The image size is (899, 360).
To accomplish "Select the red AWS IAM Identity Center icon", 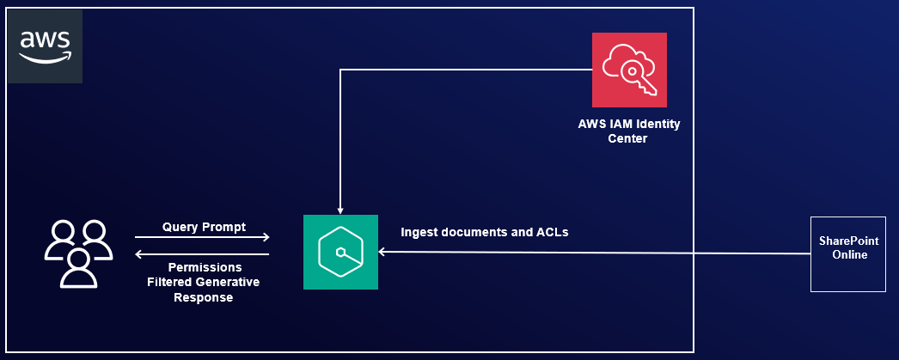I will (x=629, y=69).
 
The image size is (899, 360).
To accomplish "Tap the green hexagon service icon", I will (x=340, y=252).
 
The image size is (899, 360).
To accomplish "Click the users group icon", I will (x=78, y=253).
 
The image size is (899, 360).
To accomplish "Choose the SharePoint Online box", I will (x=848, y=254).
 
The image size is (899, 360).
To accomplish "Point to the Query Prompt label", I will (x=204, y=227).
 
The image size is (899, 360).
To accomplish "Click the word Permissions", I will (x=204, y=267).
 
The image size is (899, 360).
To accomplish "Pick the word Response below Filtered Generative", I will (x=204, y=296).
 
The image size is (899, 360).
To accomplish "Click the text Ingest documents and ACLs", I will (x=485, y=232).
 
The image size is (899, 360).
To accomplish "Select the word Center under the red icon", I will (x=629, y=138).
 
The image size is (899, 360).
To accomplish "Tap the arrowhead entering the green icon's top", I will (x=341, y=210).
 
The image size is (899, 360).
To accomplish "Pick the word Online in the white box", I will (x=848, y=255).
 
